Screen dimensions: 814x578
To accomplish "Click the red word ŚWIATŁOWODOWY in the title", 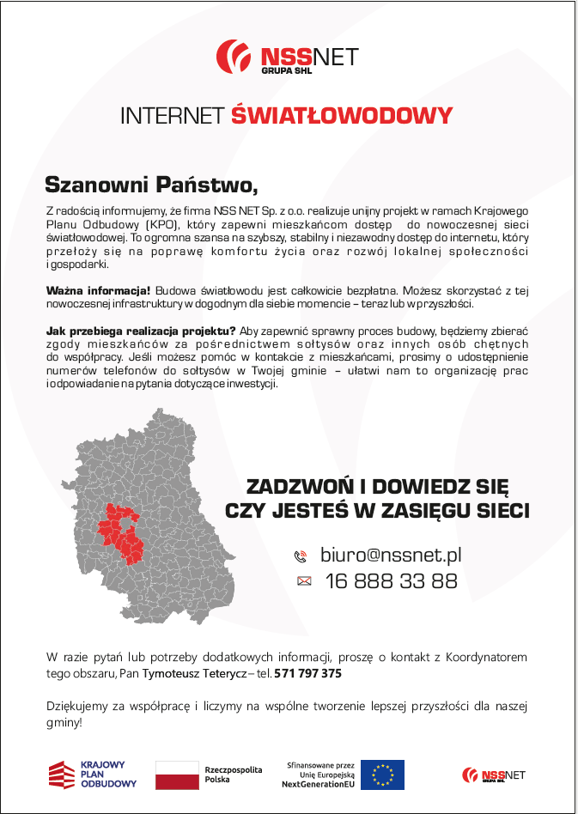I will point(341,116).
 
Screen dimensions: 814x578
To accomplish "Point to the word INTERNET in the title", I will point(173,116).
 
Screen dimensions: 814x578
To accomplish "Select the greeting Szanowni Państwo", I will point(151,185).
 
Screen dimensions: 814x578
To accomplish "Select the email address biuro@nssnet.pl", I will point(391,555).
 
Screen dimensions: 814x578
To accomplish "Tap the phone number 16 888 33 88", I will point(391,581).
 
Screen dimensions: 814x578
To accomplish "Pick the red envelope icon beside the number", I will point(303,581).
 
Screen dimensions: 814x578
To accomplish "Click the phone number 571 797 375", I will point(308,674).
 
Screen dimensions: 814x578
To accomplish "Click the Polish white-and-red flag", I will point(177,775).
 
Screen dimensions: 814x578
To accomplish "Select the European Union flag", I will point(382,775).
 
